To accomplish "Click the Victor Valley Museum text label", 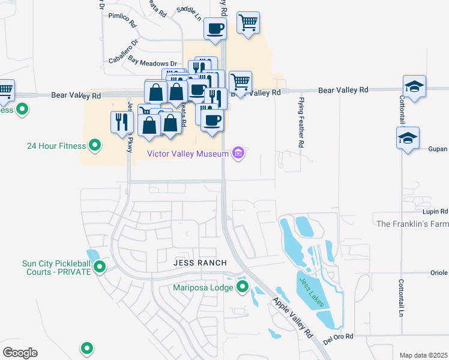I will tap(188, 154).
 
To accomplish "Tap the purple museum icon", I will tap(239, 154).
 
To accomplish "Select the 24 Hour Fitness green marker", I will tap(94, 145).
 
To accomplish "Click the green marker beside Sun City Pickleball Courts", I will tap(100, 267).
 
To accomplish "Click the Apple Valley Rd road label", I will tap(293, 317).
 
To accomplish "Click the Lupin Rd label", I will tap(436, 212).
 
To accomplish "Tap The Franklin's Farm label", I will tap(412, 224).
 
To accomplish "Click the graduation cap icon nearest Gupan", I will tap(408, 139).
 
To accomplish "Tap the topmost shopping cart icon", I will tap(248, 23).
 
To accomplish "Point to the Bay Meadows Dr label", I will tap(152, 63).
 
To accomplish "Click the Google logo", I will tap(20, 353).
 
